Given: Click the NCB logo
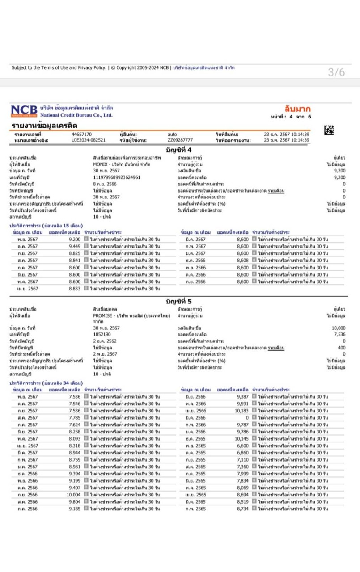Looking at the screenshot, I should point(24,111).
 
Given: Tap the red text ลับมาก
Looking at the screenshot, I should point(297,109).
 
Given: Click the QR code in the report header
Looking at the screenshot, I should point(329,130).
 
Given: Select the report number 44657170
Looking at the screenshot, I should point(82,134).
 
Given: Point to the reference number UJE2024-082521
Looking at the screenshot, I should point(89,140).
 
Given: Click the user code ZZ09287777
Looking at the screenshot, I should point(181,140).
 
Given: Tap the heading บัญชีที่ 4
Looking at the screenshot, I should point(178,149).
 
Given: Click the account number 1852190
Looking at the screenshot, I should point(102,334).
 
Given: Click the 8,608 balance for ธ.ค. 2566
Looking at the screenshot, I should point(242,261).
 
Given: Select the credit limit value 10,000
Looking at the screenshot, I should point(339,328).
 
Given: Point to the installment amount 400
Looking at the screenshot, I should point(342,347).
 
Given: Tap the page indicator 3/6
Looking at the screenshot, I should point(336,72).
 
